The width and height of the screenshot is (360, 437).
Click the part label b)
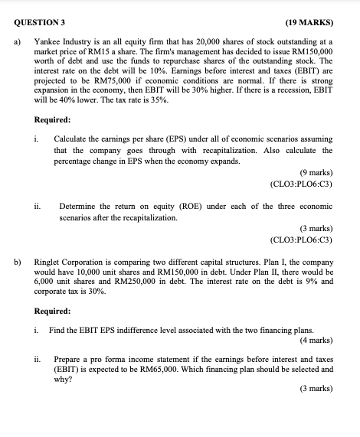coord(17,260)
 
